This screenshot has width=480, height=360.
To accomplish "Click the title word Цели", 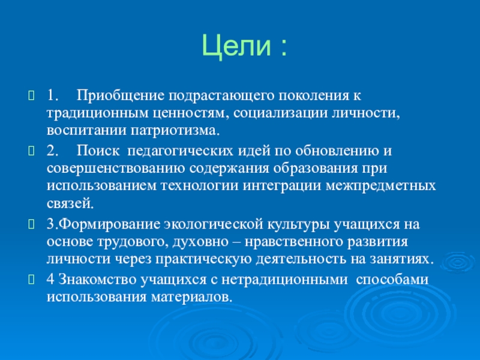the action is click(236, 46).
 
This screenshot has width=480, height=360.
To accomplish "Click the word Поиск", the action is click(98, 151).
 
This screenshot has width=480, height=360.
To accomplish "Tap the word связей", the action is click(70, 203).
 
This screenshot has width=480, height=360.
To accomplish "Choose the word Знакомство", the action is click(97, 280).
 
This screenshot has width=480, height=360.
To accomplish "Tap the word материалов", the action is click(191, 298).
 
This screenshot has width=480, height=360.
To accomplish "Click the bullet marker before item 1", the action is click(32, 95).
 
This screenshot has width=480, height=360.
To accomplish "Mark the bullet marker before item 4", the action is click(32, 280).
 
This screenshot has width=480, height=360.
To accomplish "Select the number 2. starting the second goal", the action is click(52, 151).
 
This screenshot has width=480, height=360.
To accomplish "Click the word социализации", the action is click(280, 114).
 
